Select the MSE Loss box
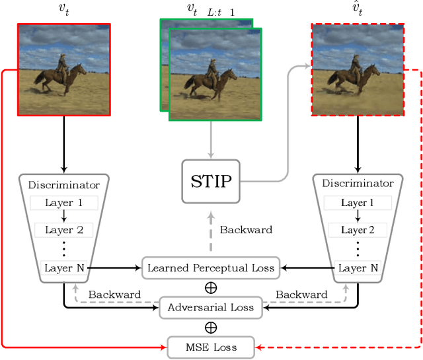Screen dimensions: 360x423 (x=210, y=347)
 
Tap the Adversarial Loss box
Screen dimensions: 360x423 (x=210, y=307)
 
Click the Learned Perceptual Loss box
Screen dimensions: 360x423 (x=210, y=268)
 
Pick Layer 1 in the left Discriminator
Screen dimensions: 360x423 (x=64, y=203)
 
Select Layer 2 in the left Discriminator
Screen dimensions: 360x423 (x=64, y=230)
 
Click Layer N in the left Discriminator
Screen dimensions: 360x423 (x=64, y=268)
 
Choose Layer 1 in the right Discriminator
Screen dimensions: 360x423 (x=358, y=203)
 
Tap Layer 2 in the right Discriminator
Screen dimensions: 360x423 (x=358, y=230)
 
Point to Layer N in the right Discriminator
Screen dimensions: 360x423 (x=358, y=268)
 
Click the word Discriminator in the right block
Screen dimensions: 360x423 (x=358, y=184)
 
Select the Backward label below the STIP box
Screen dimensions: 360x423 (x=246, y=230)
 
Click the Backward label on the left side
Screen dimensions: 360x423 (x=114, y=294)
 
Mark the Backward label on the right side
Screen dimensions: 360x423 (x=301, y=294)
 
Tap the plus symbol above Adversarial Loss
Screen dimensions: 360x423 (x=210, y=288)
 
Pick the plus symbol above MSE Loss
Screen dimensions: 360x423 (x=210, y=327)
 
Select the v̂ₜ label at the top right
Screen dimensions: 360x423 (x=358, y=9)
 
